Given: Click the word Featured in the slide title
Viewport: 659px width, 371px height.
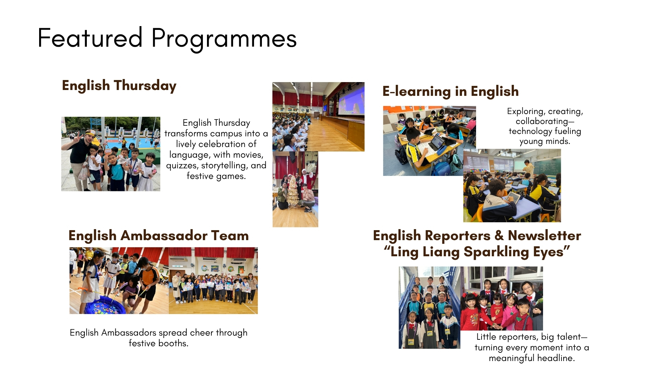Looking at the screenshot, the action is pyautogui.click(x=90, y=38).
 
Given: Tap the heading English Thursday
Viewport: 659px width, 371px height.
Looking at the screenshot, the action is pyautogui.click(x=119, y=86).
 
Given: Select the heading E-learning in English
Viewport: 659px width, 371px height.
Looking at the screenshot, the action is pyautogui.click(x=450, y=92).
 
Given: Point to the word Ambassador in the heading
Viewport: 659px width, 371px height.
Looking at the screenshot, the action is pyautogui.click(x=164, y=236).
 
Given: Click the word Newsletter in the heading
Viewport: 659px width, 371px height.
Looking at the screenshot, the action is pyautogui.click(x=544, y=236).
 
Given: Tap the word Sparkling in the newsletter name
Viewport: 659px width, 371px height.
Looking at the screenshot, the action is pyautogui.click(x=496, y=252).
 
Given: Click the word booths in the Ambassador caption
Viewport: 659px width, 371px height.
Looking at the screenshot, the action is pyautogui.click(x=175, y=343).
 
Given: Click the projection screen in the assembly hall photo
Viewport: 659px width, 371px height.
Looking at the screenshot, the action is pyautogui.click(x=351, y=100).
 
